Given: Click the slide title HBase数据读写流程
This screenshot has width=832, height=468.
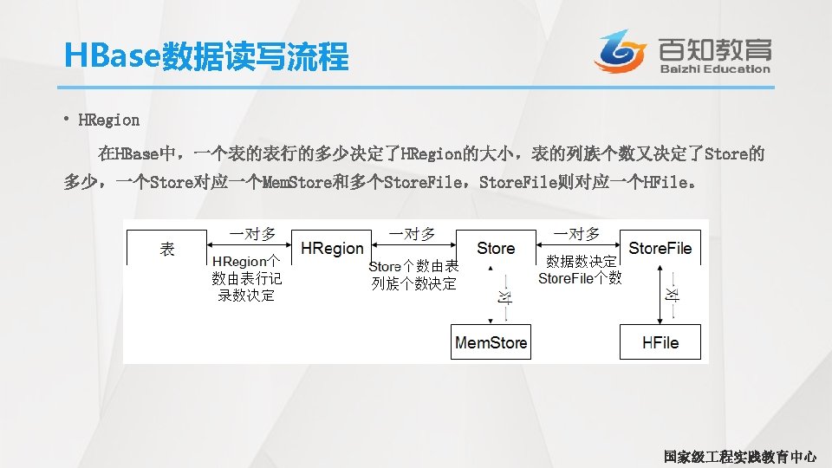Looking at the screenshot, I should (206, 57).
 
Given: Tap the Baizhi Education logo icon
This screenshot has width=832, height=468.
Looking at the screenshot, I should (621, 51).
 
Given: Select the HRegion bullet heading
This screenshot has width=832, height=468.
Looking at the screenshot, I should (108, 120).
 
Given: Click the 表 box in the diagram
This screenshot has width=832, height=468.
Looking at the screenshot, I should (167, 249).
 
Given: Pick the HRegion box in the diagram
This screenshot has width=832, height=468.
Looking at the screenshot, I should (332, 249).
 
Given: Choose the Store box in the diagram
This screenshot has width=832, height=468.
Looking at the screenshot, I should (495, 249).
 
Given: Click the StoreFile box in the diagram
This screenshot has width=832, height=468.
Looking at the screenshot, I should (660, 249).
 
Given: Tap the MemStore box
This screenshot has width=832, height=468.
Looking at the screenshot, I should (491, 342).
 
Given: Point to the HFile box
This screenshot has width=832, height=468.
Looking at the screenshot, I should (660, 342).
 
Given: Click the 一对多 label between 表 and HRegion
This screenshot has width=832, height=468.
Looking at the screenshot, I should (252, 233).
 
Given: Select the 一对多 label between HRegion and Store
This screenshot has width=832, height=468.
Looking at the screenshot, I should (412, 233).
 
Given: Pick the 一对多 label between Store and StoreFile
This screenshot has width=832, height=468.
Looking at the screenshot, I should (576, 233).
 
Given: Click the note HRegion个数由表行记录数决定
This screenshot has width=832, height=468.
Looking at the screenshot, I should (246, 278).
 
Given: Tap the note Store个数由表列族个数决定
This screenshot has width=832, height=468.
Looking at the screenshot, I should (413, 275).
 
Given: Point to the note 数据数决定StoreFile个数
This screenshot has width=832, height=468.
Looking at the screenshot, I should (580, 270).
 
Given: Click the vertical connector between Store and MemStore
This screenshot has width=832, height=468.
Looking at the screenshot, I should (504, 295).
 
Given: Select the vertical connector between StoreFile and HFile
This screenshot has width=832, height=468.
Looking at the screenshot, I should (672, 295).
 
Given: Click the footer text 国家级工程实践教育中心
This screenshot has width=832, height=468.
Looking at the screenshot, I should (739, 456).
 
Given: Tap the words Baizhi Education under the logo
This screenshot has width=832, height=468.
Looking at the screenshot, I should (714, 69).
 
